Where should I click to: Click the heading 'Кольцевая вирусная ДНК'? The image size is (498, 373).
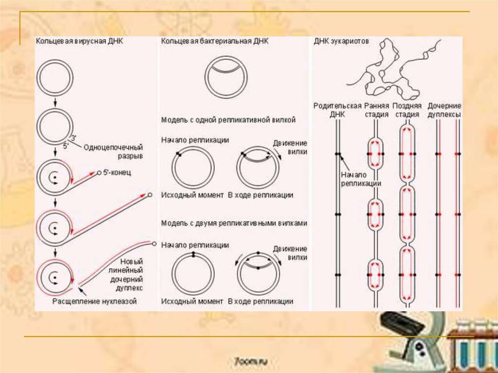pos(79,42)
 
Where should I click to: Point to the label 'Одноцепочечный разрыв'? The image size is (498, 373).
pos(113,151)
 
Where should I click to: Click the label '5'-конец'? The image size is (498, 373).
pos(118,173)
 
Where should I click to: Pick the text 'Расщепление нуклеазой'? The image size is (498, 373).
pos(94,302)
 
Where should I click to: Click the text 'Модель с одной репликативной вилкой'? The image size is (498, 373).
pos(228,120)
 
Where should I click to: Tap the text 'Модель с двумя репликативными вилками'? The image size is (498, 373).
pos(234,224)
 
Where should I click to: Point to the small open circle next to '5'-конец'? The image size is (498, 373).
pos(99,173)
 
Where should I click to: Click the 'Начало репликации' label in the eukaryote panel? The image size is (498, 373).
pos(360,179)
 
